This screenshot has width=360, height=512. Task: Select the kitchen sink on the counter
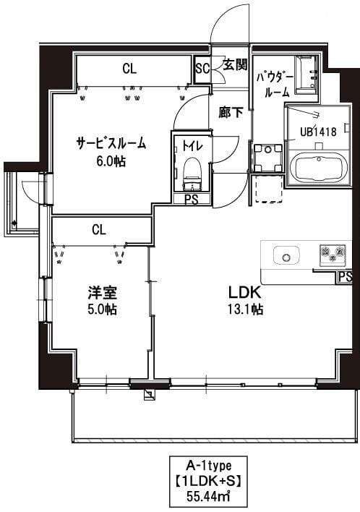click(x=286, y=255)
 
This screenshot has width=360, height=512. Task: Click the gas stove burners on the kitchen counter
click(x=333, y=254)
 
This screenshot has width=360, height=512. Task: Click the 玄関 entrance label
click(x=234, y=64)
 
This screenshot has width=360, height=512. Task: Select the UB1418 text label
click(x=317, y=132)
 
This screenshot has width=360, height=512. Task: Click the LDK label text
click(x=244, y=294)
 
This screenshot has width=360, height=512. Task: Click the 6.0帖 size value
click(x=111, y=161)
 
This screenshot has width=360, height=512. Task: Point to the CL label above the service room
click(x=129, y=69)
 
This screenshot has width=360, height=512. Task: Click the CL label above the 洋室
click(x=99, y=230)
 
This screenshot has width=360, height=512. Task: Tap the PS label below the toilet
click(x=192, y=200)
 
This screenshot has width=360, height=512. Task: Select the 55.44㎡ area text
click(x=208, y=495)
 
